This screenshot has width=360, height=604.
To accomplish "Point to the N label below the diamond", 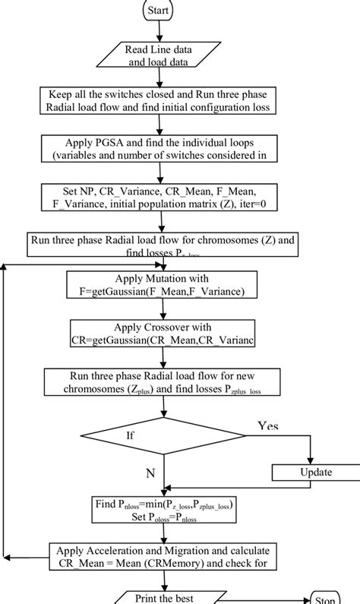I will click(x=150, y=473).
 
